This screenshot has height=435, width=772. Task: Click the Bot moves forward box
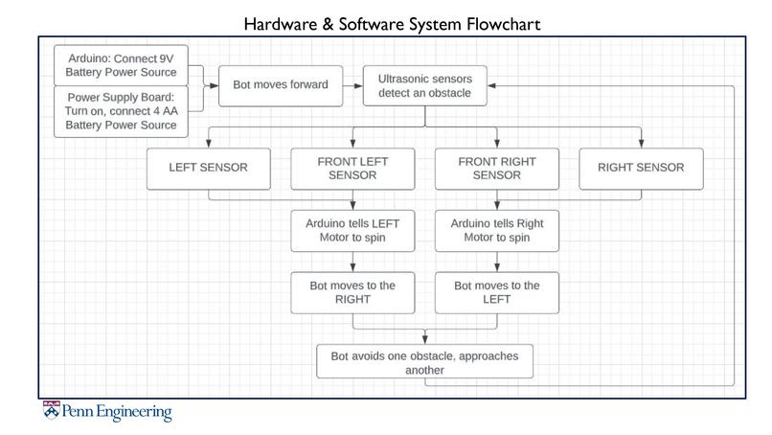pos(281,84)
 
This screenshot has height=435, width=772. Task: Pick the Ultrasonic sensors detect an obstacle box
pos(425,84)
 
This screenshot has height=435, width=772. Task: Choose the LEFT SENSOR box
pos(209,168)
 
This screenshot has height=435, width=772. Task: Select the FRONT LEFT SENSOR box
pos(352,168)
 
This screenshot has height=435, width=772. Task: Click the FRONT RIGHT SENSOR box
pos(497,168)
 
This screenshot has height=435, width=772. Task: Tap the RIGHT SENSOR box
pos(641,168)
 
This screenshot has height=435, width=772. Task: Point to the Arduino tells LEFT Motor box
pos(352,231)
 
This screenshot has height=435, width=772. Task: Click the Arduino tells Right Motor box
pos(497,231)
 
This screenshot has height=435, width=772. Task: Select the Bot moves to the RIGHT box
pos(352,292)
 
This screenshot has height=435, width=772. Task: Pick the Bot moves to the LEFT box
pos(497,292)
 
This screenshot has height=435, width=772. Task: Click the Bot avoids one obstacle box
pos(424,362)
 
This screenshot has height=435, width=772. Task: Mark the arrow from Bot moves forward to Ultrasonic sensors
pos(352,84)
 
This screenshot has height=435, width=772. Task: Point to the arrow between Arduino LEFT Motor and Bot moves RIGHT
pos(353,262)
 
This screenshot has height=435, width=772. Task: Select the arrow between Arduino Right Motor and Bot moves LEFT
pos(497,262)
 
